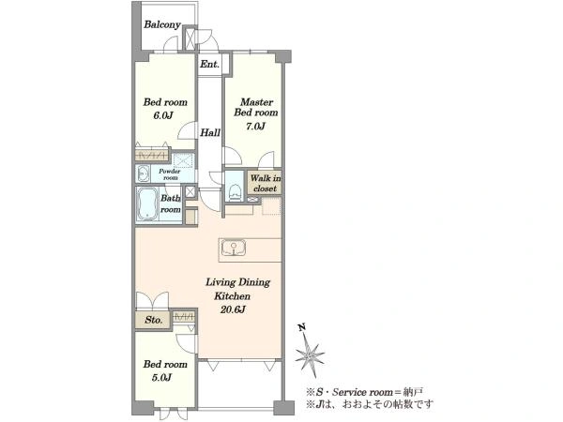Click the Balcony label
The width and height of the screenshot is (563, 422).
[x=162, y=24]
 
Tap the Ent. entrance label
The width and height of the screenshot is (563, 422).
[x=209, y=64]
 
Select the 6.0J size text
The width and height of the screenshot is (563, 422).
[x=163, y=115]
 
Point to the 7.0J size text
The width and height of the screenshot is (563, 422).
[x=255, y=126]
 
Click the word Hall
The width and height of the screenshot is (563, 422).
[x=210, y=133]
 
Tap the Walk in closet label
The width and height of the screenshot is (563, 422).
[x=265, y=184]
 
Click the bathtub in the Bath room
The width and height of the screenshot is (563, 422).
[x=147, y=204]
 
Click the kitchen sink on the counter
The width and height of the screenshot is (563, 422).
[x=234, y=249]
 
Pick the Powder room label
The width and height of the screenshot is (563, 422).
[x=170, y=174]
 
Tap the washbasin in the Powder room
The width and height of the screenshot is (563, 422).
[x=143, y=174]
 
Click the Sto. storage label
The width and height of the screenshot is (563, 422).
[x=153, y=320]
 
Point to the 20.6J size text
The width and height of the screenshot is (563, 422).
[x=233, y=309]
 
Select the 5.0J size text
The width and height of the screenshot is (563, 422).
[x=161, y=378]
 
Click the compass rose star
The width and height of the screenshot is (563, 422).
[x=310, y=354]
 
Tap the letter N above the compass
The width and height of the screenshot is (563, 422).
[x=302, y=327]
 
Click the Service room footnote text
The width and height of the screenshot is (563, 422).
[x=364, y=392]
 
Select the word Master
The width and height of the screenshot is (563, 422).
[x=256, y=102]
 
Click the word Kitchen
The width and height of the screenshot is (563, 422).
[x=232, y=296]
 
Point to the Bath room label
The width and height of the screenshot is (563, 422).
[x=171, y=203]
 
